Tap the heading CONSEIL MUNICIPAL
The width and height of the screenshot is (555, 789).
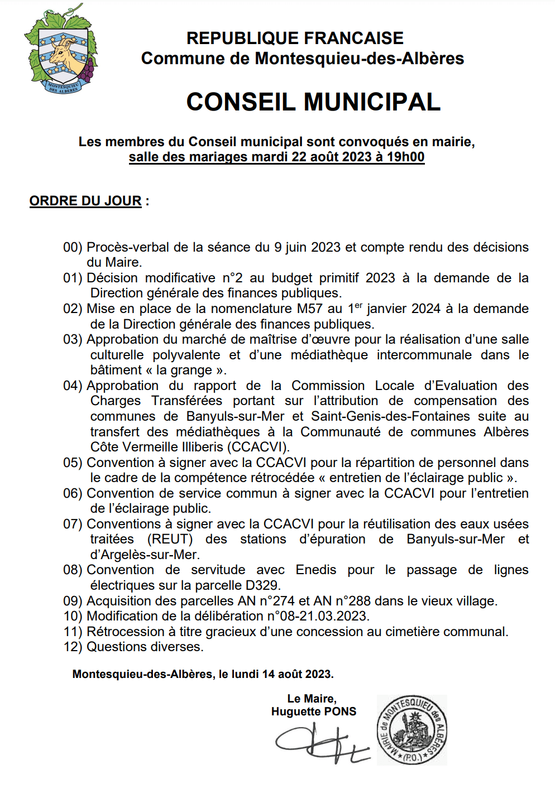point(313,102)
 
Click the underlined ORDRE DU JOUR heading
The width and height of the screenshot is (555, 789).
point(85,201)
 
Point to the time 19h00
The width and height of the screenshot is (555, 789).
point(406,157)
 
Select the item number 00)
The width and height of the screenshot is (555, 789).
point(73,247)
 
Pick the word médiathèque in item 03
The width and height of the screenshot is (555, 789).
point(329,355)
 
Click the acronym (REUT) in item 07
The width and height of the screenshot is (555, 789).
point(170,539)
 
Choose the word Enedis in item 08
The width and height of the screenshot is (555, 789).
point(316,570)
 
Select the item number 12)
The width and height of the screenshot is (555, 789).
point(73,647)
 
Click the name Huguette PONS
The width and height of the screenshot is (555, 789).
point(313,711)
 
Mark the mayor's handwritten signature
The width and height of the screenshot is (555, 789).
point(321,743)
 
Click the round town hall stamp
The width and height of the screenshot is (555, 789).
point(412,729)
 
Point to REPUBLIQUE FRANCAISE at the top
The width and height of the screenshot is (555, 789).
point(295,38)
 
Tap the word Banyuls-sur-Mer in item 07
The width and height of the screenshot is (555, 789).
point(456,539)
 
